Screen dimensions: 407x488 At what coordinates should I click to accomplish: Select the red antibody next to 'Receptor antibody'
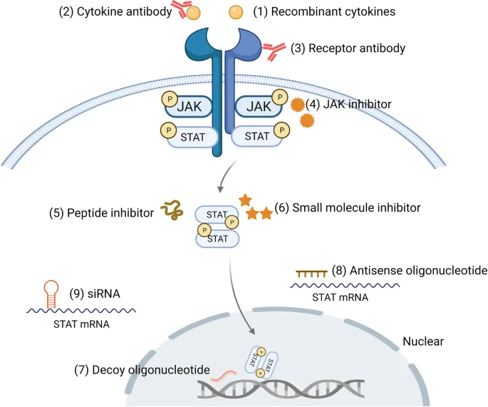click(x=274, y=51)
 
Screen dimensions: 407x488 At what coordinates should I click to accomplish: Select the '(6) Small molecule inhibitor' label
click(x=347, y=208)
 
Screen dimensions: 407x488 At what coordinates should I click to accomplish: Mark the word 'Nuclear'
click(x=423, y=341)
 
